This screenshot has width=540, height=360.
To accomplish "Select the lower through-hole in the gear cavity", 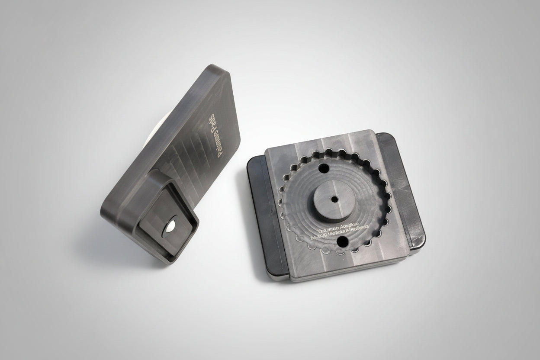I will click(342, 241).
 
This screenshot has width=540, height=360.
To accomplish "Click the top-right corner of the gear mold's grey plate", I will click(373, 132).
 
